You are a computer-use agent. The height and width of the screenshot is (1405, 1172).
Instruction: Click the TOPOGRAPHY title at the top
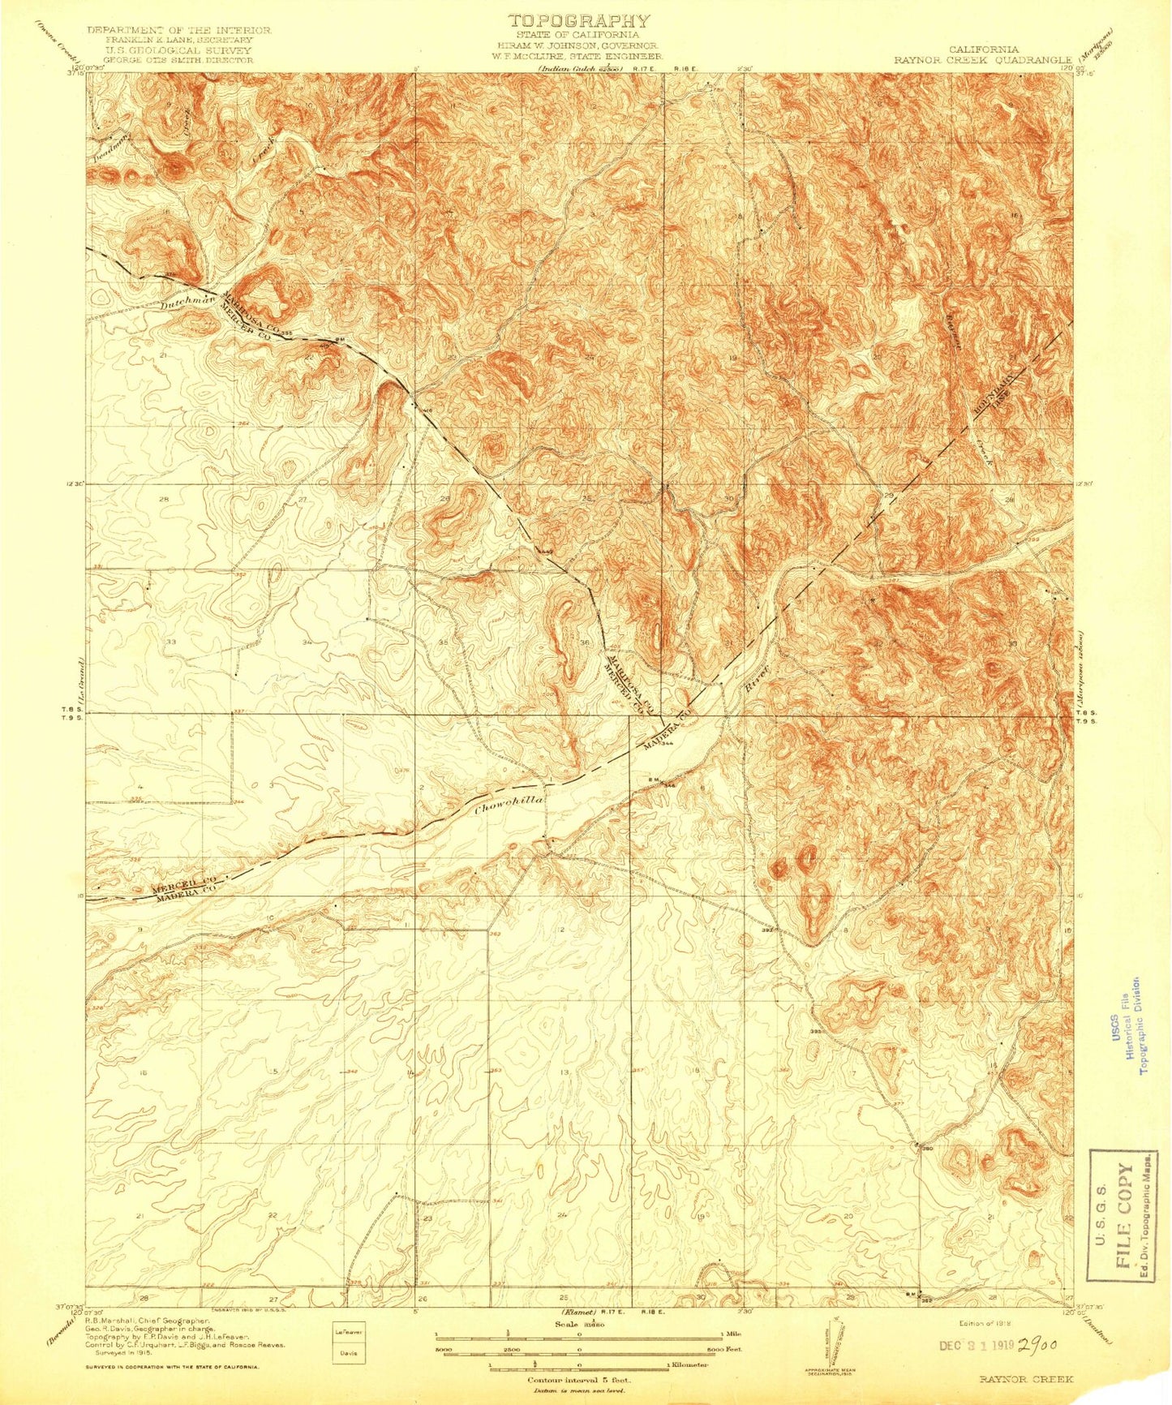pos(578,21)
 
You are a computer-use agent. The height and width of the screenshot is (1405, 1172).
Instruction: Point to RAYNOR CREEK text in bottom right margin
pos(1025,1379)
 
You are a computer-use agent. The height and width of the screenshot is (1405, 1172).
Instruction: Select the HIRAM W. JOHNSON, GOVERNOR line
pos(578,46)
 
